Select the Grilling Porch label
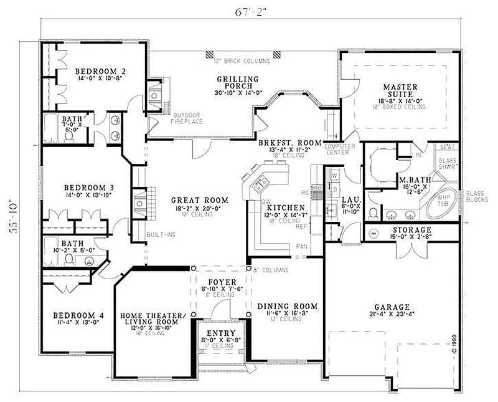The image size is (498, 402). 238,79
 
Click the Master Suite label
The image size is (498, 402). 400,87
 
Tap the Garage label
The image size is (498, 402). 392,307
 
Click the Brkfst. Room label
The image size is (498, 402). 289,143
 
